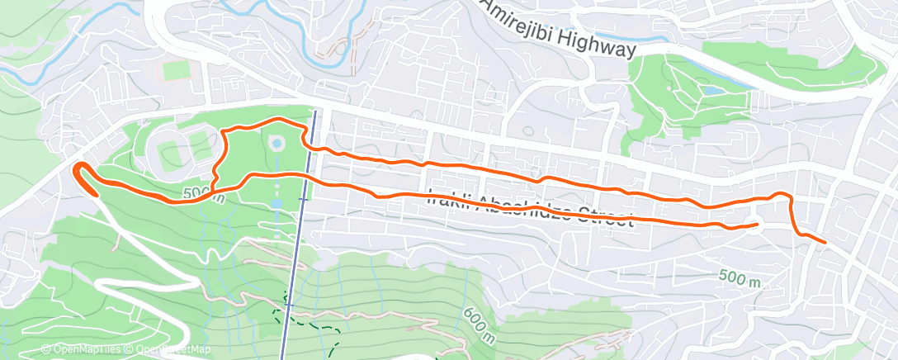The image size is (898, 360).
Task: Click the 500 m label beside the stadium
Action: coord(199,194)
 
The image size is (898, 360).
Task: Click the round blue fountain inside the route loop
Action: coord(276,144)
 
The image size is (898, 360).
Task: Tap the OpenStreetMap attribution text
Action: coord(170,350)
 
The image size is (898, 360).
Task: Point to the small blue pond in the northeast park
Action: coord(709,92)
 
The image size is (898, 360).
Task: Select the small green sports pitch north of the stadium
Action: coord(175,70)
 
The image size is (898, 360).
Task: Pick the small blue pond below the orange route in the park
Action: coord(276,202)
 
